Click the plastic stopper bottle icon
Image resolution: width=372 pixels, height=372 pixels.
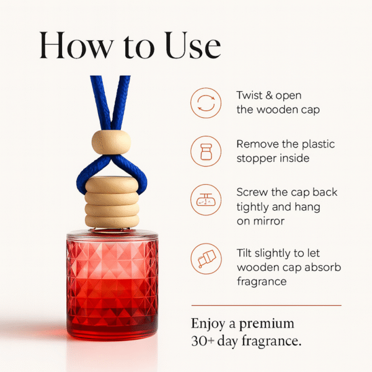pyautogui.click(x=206, y=151)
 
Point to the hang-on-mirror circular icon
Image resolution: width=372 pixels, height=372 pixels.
pyautogui.click(x=206, y=199)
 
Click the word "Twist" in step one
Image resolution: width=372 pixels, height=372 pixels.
pyautogui.click(x=250, y=96)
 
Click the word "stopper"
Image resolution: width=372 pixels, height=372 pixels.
pyautogui.click(x=256, y=158)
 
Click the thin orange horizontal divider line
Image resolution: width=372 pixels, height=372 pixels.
pyautogui.click(x=266, y=305)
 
